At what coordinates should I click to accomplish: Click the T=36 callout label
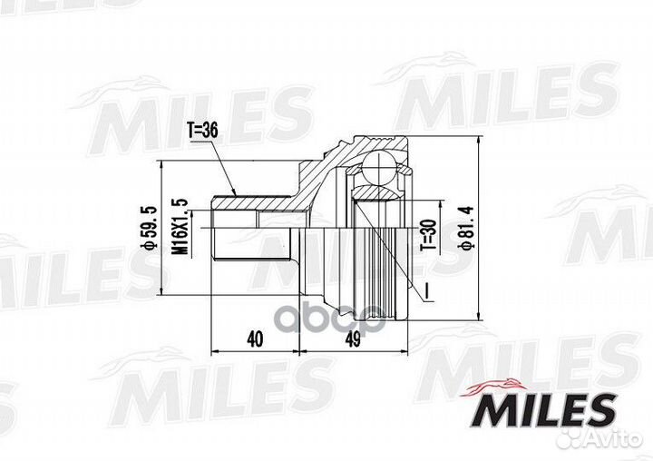(202, 132)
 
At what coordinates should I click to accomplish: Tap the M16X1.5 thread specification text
(180, 227)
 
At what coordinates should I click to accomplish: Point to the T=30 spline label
(429, 235)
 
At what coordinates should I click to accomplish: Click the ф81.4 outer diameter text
(466, 228)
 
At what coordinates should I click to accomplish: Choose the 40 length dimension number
(255, 339)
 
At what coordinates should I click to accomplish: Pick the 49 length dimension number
(353, 339)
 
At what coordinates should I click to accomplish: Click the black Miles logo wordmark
(544, 411)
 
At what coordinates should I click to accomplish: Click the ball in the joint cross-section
(378, 168)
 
